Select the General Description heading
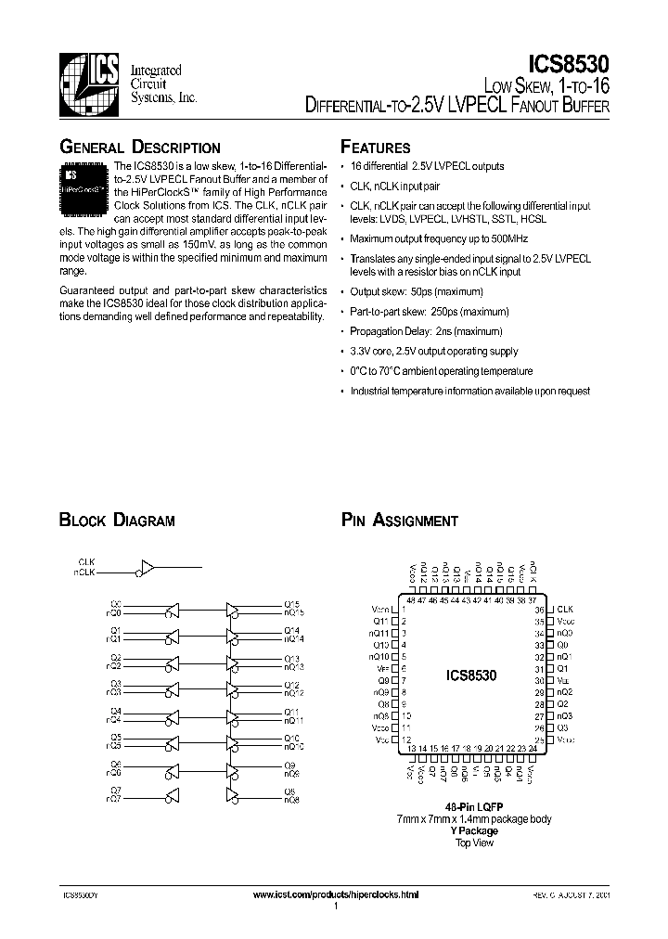140,148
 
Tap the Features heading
376,148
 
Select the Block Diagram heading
117,521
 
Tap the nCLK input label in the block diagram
84,573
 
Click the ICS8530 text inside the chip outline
472,675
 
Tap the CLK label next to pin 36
564,609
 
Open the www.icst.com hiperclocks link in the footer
336,894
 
